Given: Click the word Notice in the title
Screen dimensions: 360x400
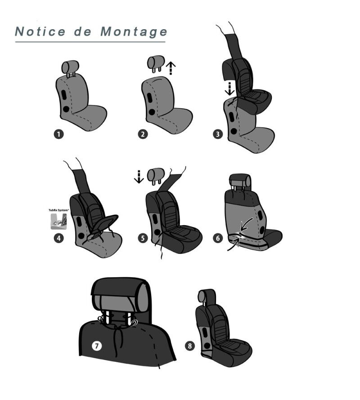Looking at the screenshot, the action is tap(40, 31).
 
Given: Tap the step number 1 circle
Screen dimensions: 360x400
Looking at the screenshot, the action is tap(58, 134).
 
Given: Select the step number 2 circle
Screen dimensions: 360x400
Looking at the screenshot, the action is tap(143, 134).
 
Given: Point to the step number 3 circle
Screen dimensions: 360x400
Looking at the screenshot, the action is tap(218, 134).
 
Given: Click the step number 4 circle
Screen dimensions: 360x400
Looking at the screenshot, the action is tap(59, 238).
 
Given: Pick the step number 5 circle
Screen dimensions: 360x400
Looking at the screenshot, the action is tap(143, 238).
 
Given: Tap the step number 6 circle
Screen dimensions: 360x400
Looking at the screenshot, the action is tap(218, 238).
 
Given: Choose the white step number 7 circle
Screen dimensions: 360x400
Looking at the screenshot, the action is tap(97, 346).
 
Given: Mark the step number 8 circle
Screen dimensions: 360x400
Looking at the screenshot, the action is tap(189, 346).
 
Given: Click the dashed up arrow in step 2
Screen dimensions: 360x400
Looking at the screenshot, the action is tap(171, 68).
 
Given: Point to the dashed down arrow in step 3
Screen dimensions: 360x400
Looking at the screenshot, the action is tap(229, 89).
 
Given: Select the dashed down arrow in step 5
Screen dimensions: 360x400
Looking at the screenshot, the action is tap(139, 177).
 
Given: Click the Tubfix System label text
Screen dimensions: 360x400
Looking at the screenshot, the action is tap(59, 210).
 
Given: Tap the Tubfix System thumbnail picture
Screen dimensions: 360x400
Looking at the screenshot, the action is tap(59, 222).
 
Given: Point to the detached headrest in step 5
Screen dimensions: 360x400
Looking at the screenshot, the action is tap(156, 176).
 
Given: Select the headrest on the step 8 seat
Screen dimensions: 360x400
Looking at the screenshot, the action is tap(206, 297).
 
